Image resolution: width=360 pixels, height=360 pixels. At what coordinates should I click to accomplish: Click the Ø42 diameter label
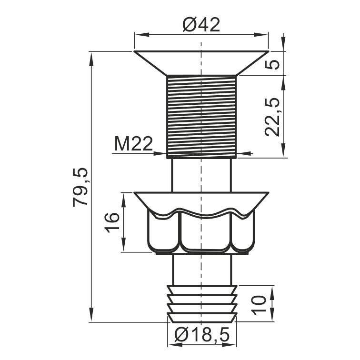click(x=201, y=25)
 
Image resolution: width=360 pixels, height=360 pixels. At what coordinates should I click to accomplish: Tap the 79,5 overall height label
click(x=80, y=187)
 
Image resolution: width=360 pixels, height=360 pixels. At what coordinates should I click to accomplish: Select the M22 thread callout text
click(x=133, y=144)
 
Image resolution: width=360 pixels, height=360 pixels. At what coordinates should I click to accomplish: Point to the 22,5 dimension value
click(x=272, y=117)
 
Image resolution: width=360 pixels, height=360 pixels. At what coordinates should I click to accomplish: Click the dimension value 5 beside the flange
click(x=272, y=64)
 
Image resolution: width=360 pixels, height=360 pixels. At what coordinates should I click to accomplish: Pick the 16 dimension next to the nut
click(x=112, y=222)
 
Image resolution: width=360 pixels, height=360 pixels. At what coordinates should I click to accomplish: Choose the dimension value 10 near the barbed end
click(x=258, y=305)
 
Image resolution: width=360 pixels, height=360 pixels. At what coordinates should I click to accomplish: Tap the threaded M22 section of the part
click(x=201, y=117)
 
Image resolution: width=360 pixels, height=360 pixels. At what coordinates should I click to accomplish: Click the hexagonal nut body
click(x=201, y=232)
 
